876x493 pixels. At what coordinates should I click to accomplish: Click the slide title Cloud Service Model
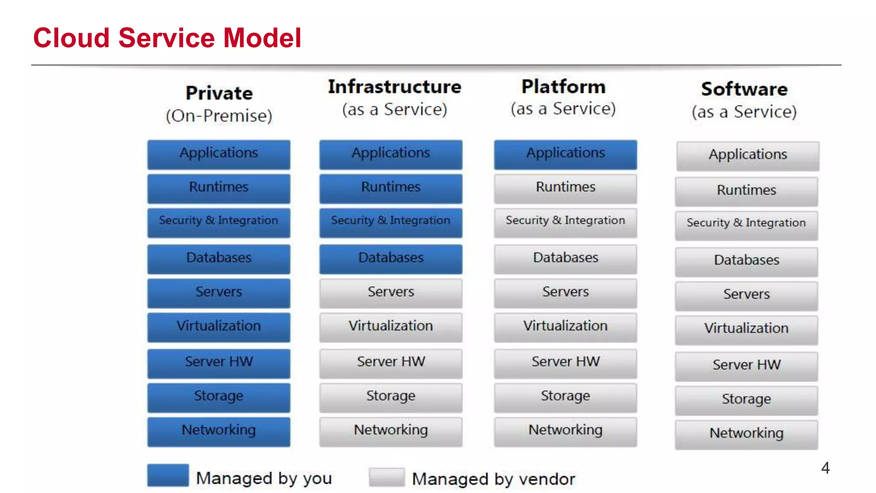167,38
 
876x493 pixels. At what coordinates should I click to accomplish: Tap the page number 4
825,468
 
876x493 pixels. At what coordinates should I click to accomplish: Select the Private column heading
219,93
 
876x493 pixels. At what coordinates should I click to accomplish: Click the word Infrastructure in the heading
394,87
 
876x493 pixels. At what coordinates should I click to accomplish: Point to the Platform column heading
563,87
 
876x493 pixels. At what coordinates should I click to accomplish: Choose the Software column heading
744,89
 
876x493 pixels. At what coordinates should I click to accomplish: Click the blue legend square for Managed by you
168,475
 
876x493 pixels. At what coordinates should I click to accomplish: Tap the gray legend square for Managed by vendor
387,477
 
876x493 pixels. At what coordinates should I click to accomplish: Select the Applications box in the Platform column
565,154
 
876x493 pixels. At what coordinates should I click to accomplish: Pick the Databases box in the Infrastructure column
391,258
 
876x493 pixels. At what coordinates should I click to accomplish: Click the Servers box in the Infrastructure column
391,293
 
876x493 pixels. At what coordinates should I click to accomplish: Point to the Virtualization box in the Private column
219,327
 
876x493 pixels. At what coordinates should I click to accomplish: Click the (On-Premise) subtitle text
219,116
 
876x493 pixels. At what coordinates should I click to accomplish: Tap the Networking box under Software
746,434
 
